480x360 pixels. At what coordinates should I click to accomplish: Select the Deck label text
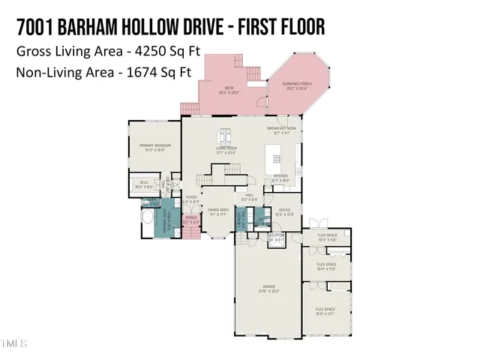pyautogui.click(x=229, y=90)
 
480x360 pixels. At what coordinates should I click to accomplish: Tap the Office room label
pyautogui.click(x=284, y=210)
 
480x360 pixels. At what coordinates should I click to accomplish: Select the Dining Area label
pyautogui.click(x=218, y=211)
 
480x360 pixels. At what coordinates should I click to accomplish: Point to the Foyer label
pyautogui.click(x=191, y=199)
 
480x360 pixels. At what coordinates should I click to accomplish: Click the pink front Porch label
pyautogui.click(x=191, y=220)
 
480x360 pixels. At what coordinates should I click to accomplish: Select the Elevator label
pyautogui.click(x=276, y=237)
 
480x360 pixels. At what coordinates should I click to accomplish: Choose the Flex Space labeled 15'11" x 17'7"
pyautogui.click(x=325, y=311)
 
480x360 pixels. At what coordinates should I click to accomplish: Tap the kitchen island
pyautogui.click(x=275, y=159)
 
